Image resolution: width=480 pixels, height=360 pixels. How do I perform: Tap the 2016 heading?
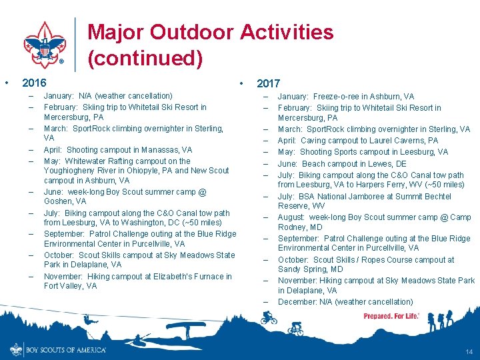pyautogui.click(x=34, y=83)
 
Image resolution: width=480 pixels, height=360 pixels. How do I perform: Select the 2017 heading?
pyautogui.click(x=268, y=83)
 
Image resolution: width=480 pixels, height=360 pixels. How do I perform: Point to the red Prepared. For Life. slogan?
pyautogui.click(x=391, y=316)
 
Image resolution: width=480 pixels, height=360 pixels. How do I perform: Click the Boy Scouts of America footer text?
pyautogui.click(x=65, y=349)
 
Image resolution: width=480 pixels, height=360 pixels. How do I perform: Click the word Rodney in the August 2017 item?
pyautogui.click(x=291, y=227)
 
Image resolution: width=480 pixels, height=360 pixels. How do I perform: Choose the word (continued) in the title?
pyautogui.click(x=145, y=59)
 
